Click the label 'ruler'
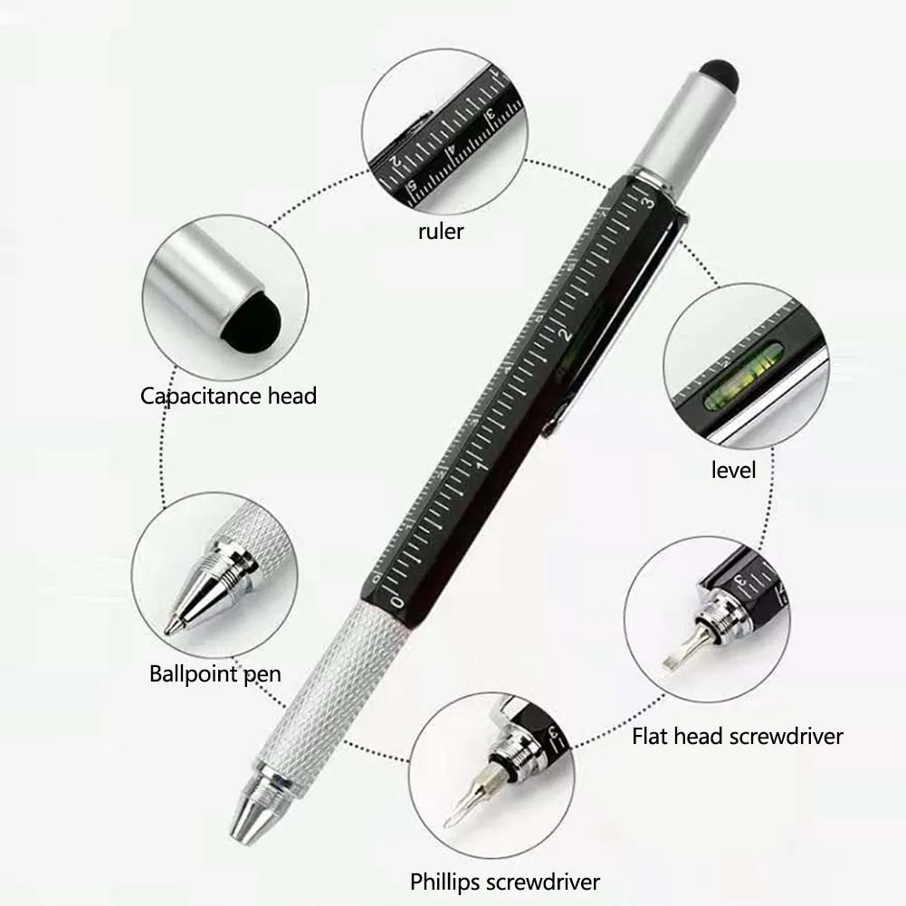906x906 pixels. (x=441, y=232)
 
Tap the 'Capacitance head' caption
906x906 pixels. (x=228, y=396)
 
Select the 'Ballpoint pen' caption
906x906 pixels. (x=215, y=674)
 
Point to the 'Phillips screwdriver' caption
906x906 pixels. (x=505, y=882)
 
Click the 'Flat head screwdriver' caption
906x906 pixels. (x=738, y=737)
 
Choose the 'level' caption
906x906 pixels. (x=733, y=470)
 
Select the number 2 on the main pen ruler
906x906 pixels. (x=565, y=333)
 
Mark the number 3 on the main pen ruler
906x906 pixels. (x=648, y=202)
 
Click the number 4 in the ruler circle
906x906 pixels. (x=452, y=149)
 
